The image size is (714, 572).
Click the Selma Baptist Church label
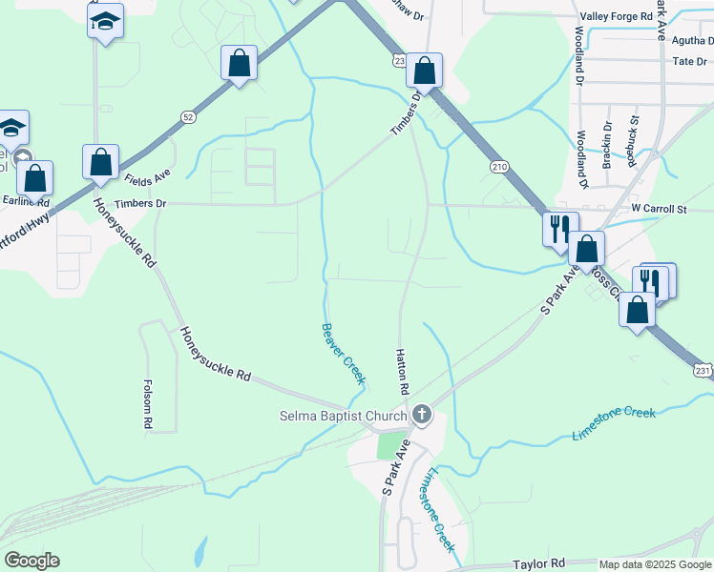343,416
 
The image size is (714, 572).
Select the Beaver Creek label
343,354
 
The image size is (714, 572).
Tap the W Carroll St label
659,209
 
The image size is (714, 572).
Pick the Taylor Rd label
539,563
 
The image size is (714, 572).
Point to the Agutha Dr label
692,40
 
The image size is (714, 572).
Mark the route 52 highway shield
188,116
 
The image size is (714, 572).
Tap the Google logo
31,561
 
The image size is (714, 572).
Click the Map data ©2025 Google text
655,564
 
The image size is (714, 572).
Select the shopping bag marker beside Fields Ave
100,163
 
